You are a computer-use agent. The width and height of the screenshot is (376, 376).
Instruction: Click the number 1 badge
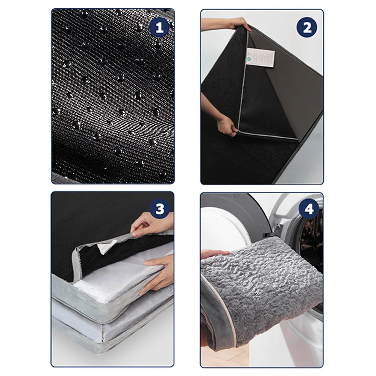pos(159,28)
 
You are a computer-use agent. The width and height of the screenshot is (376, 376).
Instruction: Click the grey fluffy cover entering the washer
pos(263,286)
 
